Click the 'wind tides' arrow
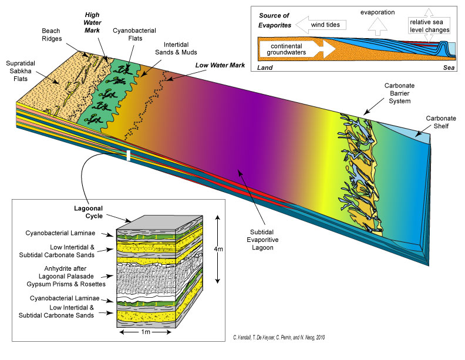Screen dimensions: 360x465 coord(320,25)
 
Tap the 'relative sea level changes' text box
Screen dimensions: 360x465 coord(429,25)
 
